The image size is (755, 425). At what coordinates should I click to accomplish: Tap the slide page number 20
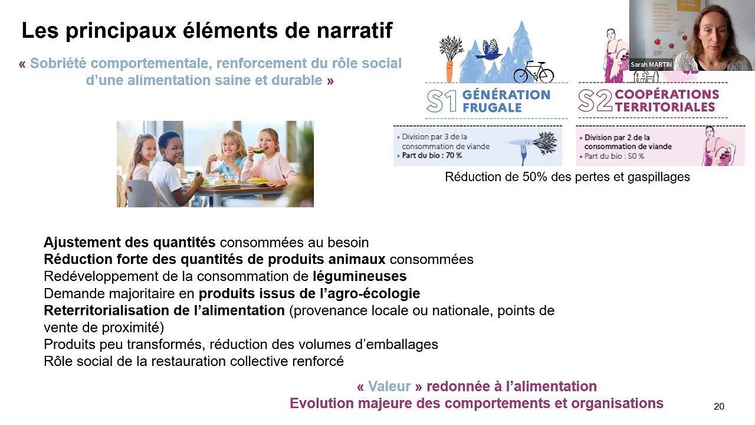pos(718,406)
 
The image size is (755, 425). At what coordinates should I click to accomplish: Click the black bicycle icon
pos(533,72)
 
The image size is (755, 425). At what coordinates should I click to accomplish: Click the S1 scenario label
pos(441,102)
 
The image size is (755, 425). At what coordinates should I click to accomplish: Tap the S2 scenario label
pos(595,102)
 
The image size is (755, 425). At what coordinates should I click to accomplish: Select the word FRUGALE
pos(492,108)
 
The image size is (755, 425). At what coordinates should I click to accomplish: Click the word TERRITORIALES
pos(665,107)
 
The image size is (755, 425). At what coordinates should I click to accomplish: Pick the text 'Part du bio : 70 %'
pos(432,156)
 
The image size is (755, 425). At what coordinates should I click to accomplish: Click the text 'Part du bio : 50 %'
pos(614,156)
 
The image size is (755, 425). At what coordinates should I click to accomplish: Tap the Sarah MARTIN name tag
pos(651,64)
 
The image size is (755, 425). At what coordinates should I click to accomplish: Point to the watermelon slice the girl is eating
pos(259,151)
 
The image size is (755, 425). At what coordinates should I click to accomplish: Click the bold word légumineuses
pos(359,276)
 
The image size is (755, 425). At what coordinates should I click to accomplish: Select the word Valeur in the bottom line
pos(389,387)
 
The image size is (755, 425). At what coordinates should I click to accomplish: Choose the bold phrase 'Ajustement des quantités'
pos(129,242)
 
